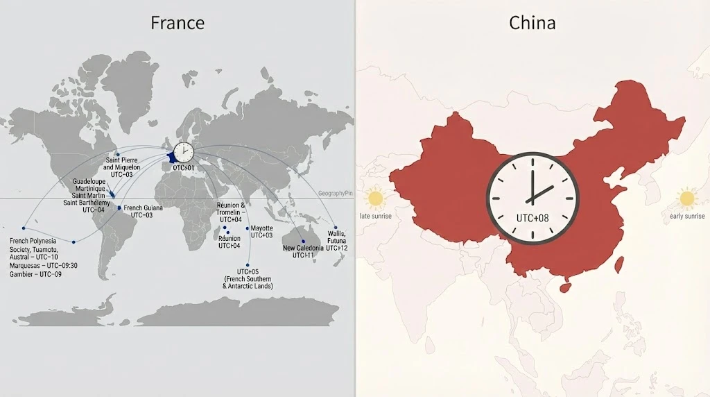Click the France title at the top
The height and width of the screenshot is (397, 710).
pyautogui.click(x=177, y=23)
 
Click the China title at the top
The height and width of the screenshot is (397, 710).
pyautogui.click(x=532, y=23)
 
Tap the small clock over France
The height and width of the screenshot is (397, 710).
pyautogui.click(x=184, y=152)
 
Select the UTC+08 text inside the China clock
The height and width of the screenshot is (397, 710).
pyautogui.click(x=532, y=218)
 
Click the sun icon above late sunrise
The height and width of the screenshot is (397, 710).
pyautogui.click(x=376, y=198)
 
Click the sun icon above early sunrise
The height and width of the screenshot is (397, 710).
pyautogui.click(x=687, y=198)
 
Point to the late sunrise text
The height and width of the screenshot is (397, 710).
pyautogui.click(x=376, y=216)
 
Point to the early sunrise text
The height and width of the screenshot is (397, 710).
pyautogui.click(x=687, y=216)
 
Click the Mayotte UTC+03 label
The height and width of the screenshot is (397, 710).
pyautogui.click(x=261, y=232)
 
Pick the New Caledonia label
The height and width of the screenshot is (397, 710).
pyautogui.click(x=303, y=251)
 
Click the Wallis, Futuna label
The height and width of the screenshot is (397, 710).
pyautogui.click(x=337, y=240)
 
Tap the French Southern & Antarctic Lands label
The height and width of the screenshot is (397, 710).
pyautogui.click(x=248, y=278)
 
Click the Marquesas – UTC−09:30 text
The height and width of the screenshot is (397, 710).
pyautogui.click(x=43, y=266)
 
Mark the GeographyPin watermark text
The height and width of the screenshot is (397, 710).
pyautogui.click(x=336, y=194)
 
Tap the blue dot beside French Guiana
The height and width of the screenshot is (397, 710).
pyautogui.click(x=119, y=208)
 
